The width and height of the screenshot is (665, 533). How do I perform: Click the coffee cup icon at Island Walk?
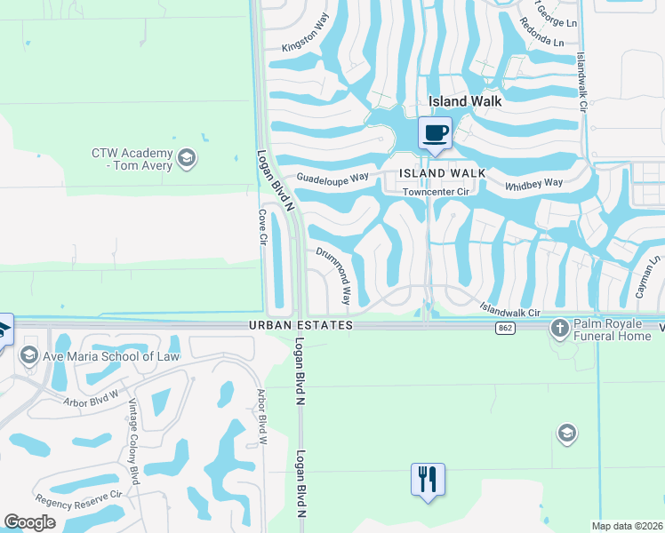435,133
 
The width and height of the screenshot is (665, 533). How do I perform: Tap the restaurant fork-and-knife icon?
428,480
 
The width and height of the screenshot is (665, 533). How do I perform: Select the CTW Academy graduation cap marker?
186,159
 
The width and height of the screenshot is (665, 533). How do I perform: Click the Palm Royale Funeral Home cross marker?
560,328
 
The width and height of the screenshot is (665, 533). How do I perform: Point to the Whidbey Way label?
534,183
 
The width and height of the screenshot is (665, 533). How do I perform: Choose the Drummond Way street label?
335,275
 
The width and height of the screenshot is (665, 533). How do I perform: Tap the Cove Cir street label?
262,227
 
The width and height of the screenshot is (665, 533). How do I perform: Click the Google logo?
29,522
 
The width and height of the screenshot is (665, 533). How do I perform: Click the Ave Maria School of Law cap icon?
28,356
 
